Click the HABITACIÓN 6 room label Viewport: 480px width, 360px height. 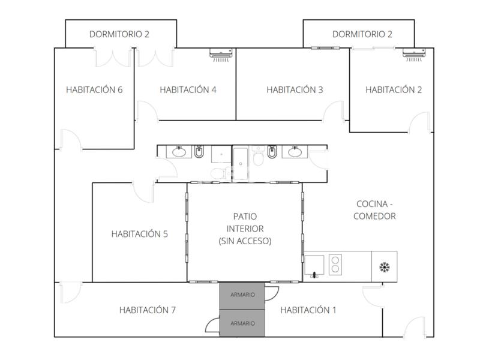pyautogui.click(x=94, y=89)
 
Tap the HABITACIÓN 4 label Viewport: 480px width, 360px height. pyautogui.click(x=188, y=89)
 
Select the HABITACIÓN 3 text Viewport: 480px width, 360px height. pyautogui.click(x=295, y=89)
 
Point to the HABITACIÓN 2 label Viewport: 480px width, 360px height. pyautogui.click(x=394, y=89)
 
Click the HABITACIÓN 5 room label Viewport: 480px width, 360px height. pyautogui.click(x=140, y=234)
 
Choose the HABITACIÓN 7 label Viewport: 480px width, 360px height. pyautogui.click(x=148, y=310)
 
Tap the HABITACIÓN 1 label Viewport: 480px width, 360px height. pyautogui.click(x=308, y=310)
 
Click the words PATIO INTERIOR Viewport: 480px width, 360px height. pyautogui.click(x=245, y=223)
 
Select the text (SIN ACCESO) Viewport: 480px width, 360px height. pyautogui.click(x=245, y=241)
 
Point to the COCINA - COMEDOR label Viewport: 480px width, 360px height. pyautogui.click(x=374, y=210)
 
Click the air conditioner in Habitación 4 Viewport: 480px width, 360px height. pyautogui.click(x=221, y=55)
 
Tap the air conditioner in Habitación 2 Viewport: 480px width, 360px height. pyautogui.click(x=414, y=55)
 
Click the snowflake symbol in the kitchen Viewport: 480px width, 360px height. pyautogui.click(x=385, y=267)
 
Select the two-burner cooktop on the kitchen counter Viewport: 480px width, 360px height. pyautogui.click(x=335, y=265)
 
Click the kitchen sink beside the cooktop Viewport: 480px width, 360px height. pyautogui.click(x=314, y=265)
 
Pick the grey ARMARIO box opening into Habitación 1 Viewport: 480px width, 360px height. pyautogui.click(x=242, y=296)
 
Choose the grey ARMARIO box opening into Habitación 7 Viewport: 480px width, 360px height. pyautogui.click(x=242, y=323)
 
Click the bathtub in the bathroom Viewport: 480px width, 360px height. pyautogui.click(x=241, y=164)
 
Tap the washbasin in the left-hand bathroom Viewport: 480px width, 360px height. pyautogui.click(x=179, y=152)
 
